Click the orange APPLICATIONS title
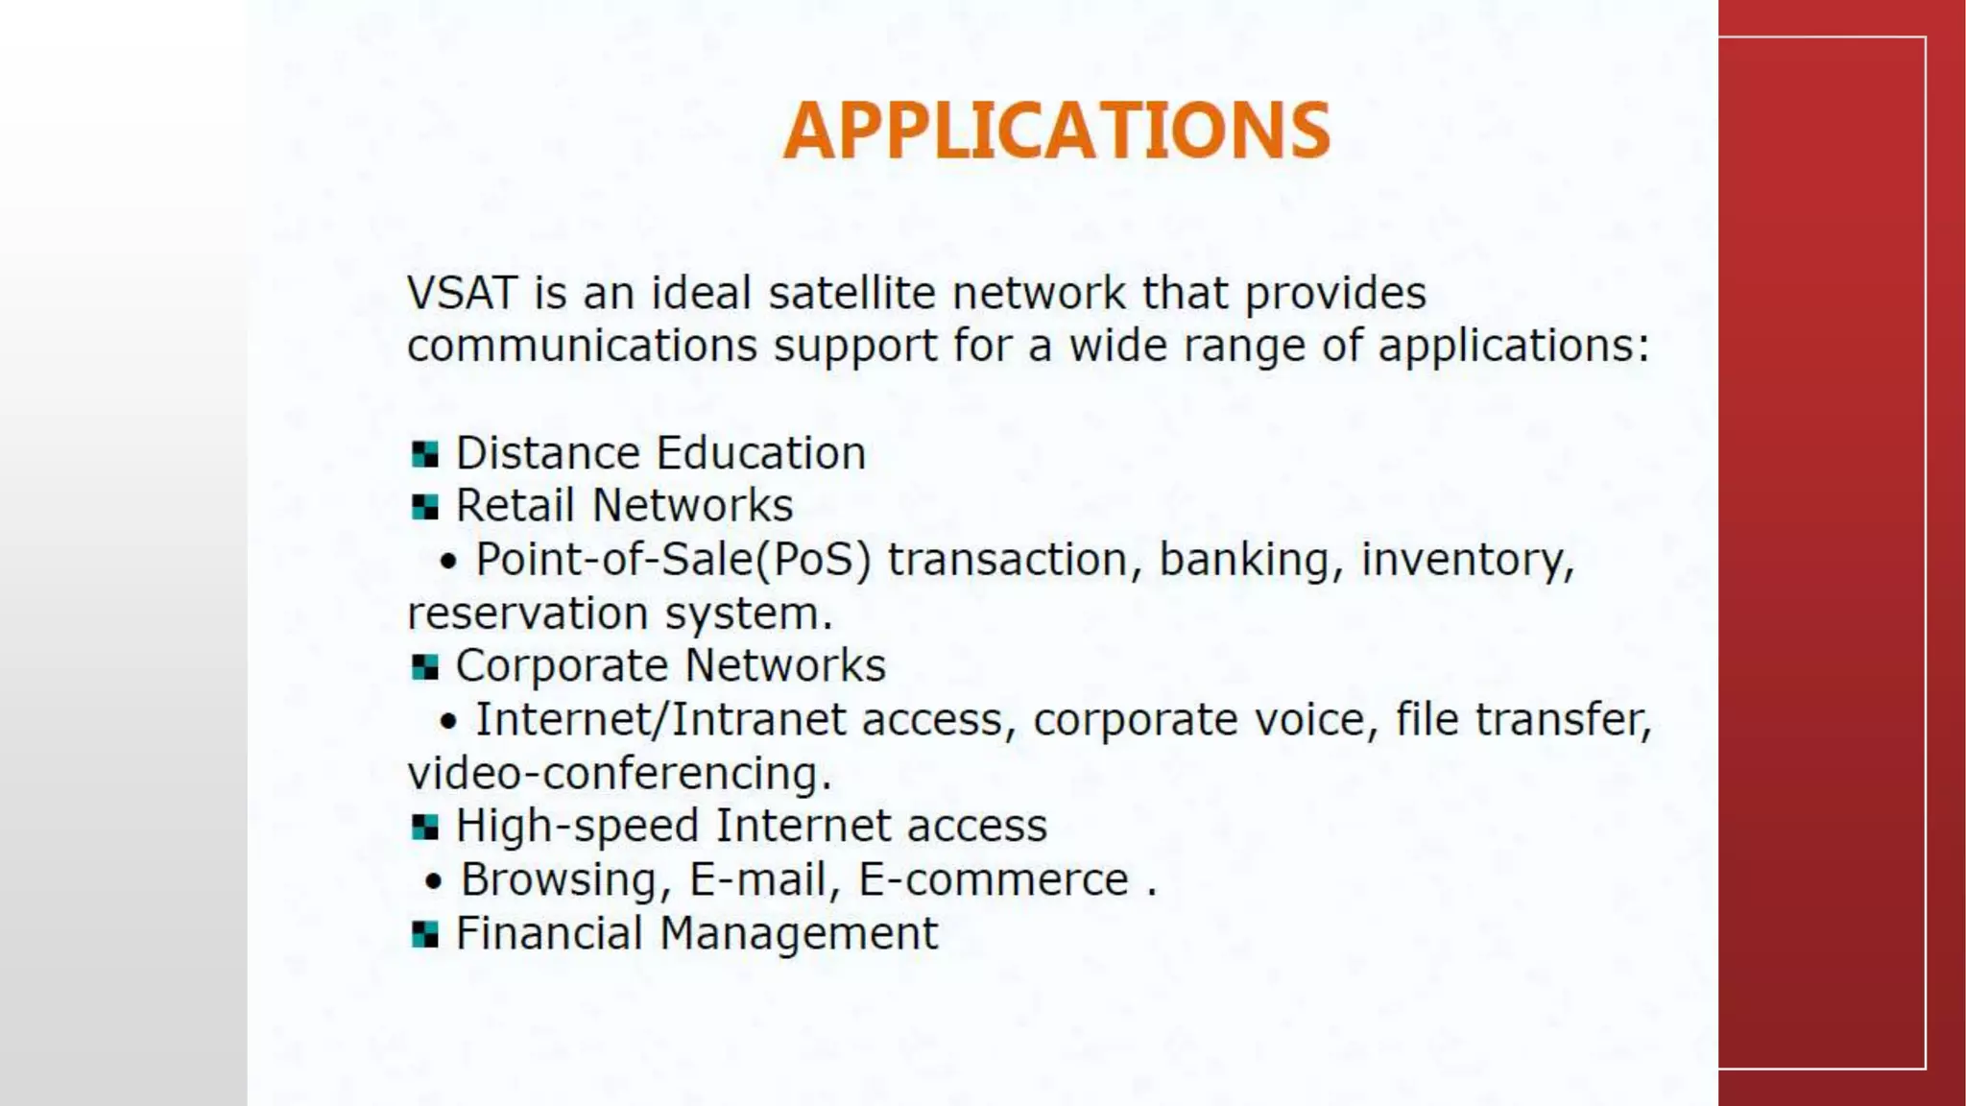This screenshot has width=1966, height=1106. tap(1057, 131)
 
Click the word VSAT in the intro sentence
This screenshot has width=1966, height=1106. tap(462, 293)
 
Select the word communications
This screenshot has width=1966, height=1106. tap(582, 347)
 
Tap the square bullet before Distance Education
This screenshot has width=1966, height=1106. tap(424, 454)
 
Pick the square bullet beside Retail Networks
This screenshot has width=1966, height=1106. tap(424, 507)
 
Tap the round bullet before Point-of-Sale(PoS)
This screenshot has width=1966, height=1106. tap(448, 562)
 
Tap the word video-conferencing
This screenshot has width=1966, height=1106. tap(619, 774)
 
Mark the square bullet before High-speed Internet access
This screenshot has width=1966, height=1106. tap(424, 827)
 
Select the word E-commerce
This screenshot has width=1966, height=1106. tap(993, 880)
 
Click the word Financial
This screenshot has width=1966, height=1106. tap(548, 933)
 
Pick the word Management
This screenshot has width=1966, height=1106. tap(799, 933)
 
